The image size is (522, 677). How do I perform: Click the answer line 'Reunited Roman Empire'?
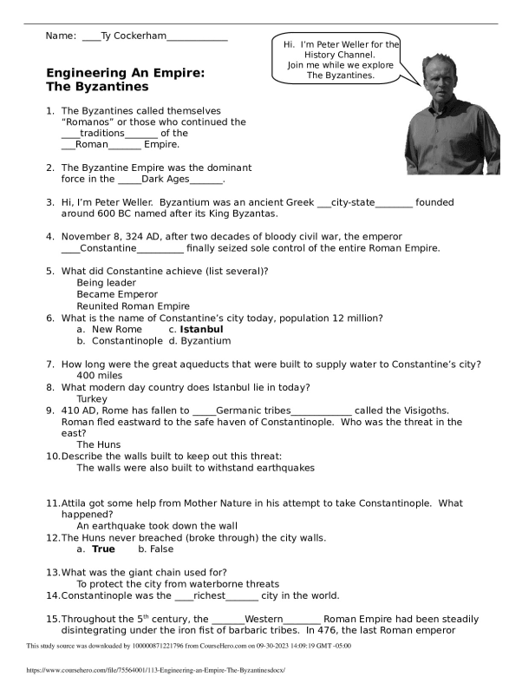[x=133, y=306]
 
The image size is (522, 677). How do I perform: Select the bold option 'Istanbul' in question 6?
[x=201, y=330]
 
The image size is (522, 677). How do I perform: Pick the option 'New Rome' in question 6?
[x=116, y=330]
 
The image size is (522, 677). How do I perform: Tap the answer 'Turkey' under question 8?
[x=92, y=399]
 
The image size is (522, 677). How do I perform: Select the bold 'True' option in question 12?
[x=103, y=549]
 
